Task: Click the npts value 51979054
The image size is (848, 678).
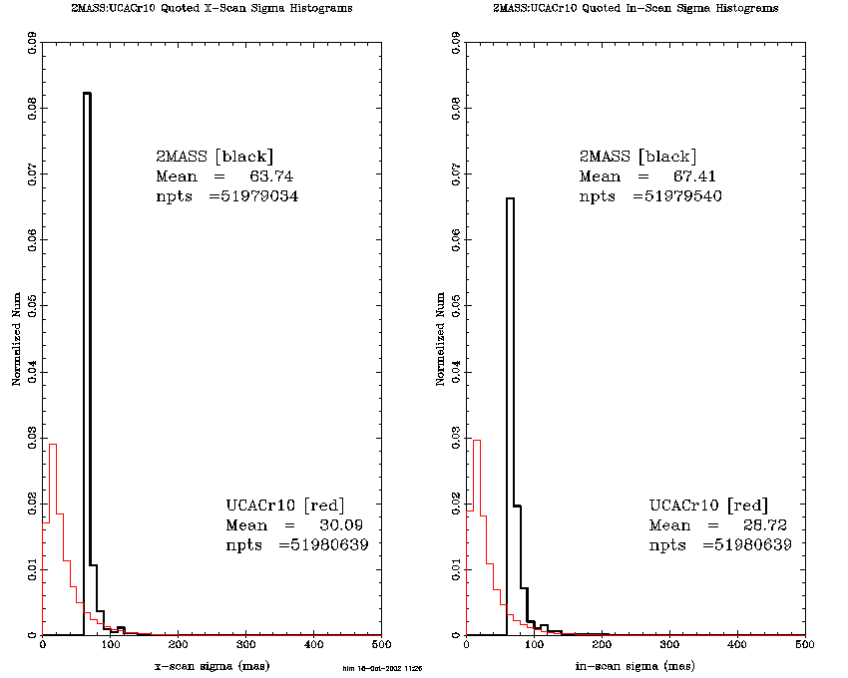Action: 254,196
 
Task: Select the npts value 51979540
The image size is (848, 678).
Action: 679,196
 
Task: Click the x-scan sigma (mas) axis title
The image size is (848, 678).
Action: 211,665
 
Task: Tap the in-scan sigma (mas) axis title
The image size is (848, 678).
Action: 636,665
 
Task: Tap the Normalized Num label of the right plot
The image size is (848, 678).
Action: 442,339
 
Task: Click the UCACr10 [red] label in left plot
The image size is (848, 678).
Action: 284,505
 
